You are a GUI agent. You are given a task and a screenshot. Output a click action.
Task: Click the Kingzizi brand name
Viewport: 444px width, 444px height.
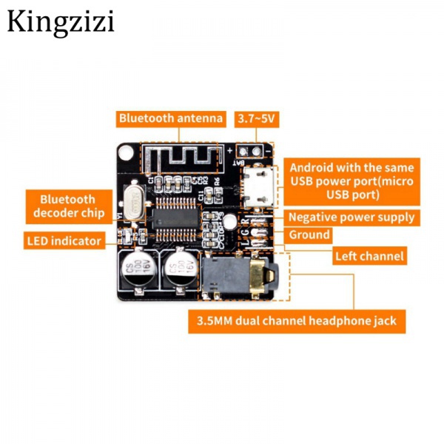(61, 21)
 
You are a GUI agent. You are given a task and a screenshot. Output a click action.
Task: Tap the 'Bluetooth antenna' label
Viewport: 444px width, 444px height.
(170, 118)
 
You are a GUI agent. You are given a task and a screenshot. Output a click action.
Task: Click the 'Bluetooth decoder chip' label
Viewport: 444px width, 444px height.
(67, 206)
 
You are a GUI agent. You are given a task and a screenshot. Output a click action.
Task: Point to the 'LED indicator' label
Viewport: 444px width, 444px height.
(64, 240)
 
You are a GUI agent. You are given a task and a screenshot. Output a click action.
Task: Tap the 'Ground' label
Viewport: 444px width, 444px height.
(309, 235)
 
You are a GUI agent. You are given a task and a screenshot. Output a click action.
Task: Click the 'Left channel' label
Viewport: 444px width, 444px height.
(369, 256)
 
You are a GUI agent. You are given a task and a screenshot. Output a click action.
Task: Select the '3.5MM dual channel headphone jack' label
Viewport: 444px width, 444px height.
(297, 321)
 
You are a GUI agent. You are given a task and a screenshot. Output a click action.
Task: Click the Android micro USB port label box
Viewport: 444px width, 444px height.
(351, 180)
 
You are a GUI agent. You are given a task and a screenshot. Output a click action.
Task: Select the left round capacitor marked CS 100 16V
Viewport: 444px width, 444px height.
(135, 272)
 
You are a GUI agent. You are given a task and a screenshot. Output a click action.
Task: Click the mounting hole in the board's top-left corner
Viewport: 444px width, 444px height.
(127, 154)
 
